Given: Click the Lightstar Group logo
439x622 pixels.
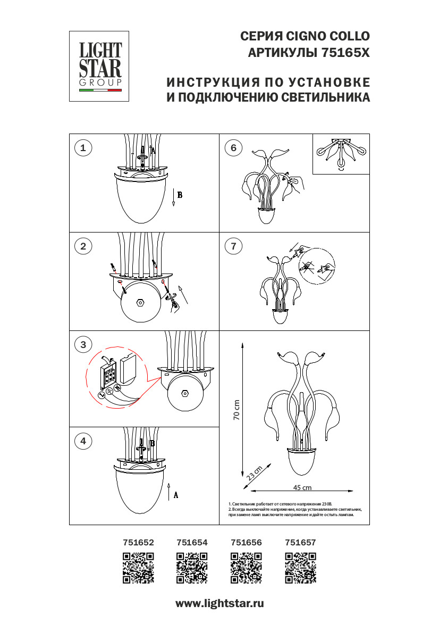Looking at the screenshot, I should [100, 66].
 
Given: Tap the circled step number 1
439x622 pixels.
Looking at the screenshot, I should [83, 148].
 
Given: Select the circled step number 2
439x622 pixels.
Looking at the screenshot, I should [83, 246].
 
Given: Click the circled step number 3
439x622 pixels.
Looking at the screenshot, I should [83, 344].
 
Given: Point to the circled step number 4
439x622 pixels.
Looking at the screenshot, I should [83, 441].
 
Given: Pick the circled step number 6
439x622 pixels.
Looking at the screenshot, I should [233, 148].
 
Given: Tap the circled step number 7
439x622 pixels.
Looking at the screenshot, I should [233, 246].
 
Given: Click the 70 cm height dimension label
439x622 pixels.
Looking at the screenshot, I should [237, 410].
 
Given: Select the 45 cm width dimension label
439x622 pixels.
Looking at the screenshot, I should [302, 487].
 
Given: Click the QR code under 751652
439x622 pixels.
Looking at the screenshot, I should [139, 568].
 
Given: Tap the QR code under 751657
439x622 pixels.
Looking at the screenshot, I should [300, 568].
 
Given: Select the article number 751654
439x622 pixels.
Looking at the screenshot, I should [192, 543].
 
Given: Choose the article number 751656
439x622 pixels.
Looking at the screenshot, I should [246, 543].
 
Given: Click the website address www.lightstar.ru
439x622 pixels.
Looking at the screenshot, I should [219, 603].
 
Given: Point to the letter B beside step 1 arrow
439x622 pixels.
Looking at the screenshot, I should [180, 195].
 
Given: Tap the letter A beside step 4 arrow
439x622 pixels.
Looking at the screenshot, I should [176, 495].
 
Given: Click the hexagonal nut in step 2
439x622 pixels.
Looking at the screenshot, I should [141, 302].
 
